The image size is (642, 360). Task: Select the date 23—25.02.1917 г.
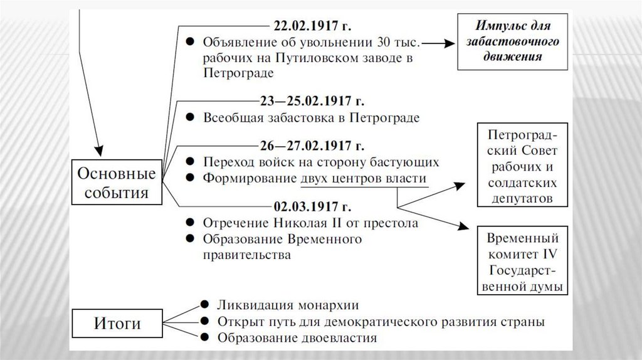312,101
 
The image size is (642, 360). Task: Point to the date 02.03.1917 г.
313,206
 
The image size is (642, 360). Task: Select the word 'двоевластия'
342,339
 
